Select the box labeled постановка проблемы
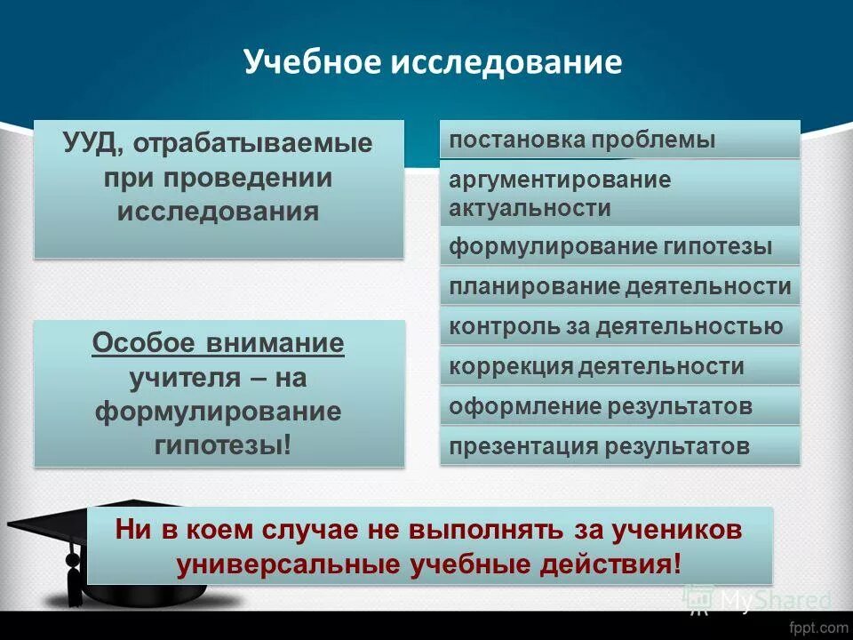[619, 140]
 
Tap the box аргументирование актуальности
[619, 193]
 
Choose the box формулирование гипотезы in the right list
[619, 246]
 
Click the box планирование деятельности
[619, 286]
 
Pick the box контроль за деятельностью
[619, 326]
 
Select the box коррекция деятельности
[619, 366]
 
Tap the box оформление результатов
[619, 407]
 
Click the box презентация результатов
[619, 446]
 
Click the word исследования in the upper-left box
[219, 212]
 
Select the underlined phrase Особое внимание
[219, 343]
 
